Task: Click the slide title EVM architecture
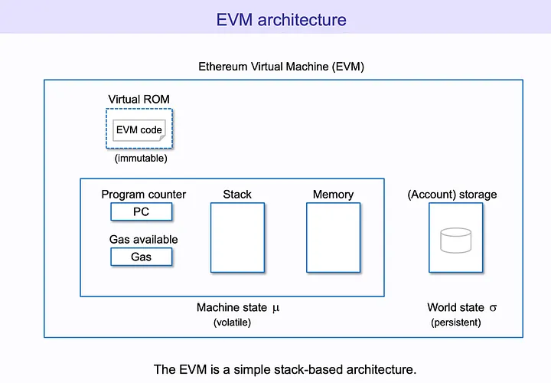coord(281,19)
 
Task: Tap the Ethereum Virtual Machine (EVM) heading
coord(281,67)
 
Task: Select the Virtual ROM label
coord(139,99)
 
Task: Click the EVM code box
coord(139,130)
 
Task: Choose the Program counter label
coord(144,195)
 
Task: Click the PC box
coord(142,211)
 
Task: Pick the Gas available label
coord(143,240)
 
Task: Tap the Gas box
coord(142,257)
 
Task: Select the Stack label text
coord(237,195)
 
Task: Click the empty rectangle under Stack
coord(237,237)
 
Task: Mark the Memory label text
coord(333,195)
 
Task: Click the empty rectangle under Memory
coord(333,237)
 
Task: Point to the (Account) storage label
coord(452,195)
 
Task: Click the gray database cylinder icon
coord(455,240)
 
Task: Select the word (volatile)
coord(232,322)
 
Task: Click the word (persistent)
coord(456,322)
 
